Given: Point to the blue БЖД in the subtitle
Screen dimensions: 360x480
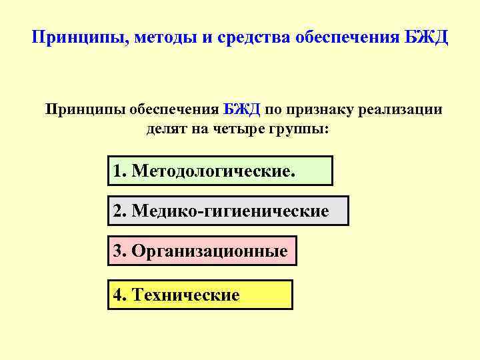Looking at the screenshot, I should pyautogui.click(x=242, y=109).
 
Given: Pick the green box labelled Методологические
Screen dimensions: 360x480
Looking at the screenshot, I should pyautogui.click(x=220, y=171).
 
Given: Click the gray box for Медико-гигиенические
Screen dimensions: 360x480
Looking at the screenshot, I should pyautogui.click(x=228, y=211).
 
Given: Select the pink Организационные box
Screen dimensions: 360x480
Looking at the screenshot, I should pyautogui.click(x=202, y=251).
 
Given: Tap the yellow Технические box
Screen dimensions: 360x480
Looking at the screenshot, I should pyautogui.click(x=200, y=295).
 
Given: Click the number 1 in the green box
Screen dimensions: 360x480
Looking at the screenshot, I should pyautogui.click(x=118, y=171).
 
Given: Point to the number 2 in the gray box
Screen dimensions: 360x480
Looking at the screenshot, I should pyautogui.click(x=118, y=211).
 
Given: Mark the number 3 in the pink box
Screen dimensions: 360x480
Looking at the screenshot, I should pyautogui.click(x=118, y=251).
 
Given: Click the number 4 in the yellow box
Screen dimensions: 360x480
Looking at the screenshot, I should pyautogui.click(x=119, y=295).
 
